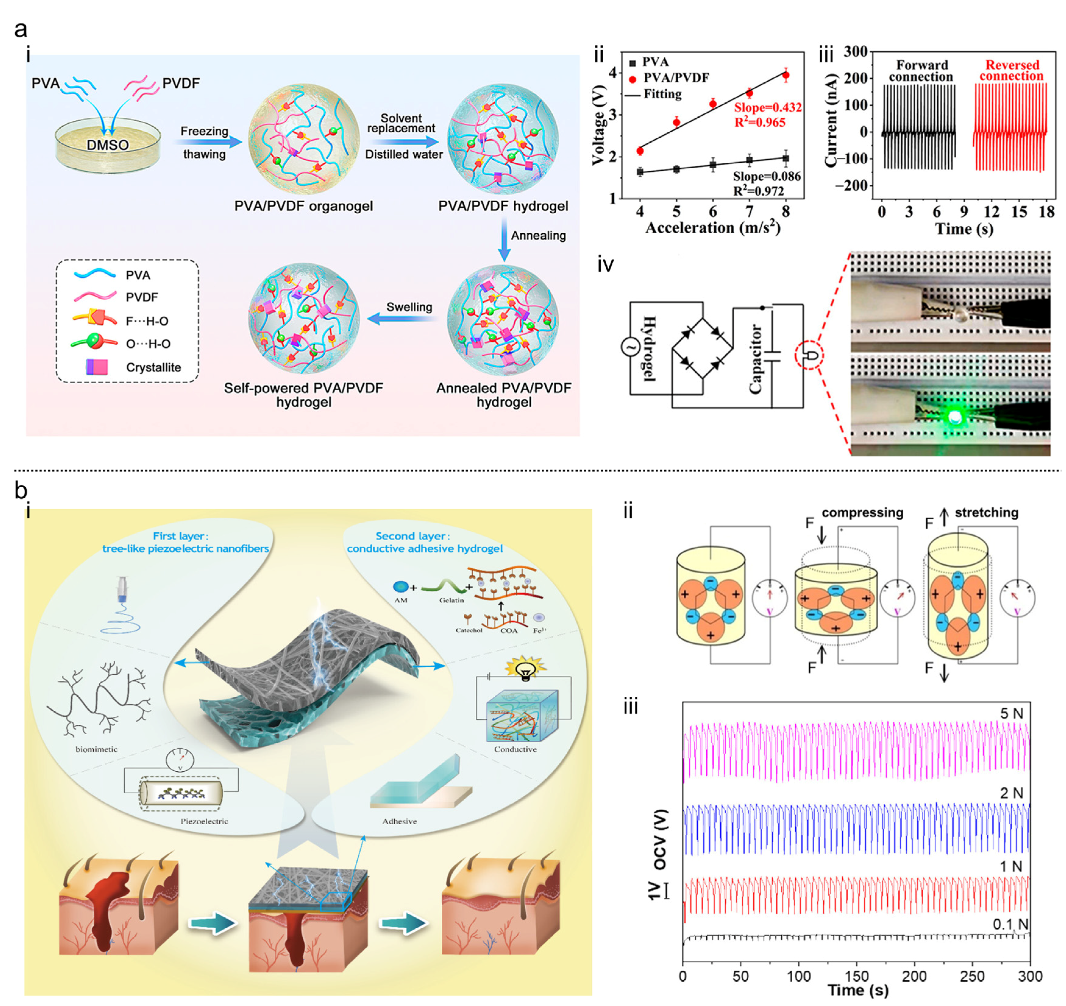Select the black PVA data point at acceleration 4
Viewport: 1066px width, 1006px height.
(x=640, y=172)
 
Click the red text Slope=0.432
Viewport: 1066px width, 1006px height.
(x=768, y=107)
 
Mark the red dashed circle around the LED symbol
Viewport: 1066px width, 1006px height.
(x=810, y=355)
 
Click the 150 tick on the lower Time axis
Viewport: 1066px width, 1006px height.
(x=857, y=976)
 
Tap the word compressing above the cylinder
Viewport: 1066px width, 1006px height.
(x=862, y=513)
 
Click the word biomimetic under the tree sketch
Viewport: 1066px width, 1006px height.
(x=97, y=749)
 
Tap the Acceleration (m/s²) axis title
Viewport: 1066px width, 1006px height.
(x=712, y=228)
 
